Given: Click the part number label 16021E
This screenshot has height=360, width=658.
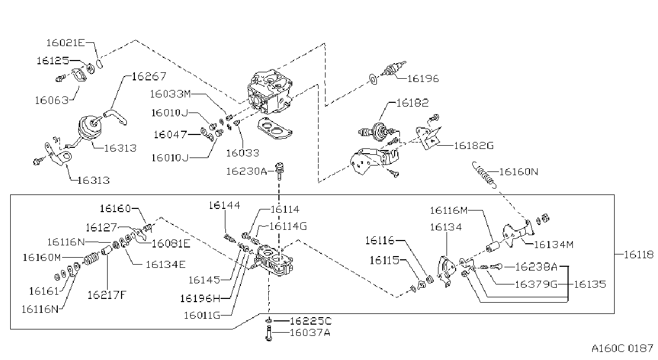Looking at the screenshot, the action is pyautogui.click(x=65, y=43).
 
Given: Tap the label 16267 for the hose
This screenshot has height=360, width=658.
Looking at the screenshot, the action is pyautogui.click(x=149, y=77).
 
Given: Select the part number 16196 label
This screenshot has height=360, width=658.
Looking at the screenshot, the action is pyautogui.click(x=423, y=79).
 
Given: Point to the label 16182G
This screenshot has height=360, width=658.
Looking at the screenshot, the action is pyautogui.click(x=474, y=146).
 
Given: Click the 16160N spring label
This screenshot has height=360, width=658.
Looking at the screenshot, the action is pyautogui.click(x=519, y=171).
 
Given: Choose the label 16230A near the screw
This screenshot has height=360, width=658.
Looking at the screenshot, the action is pyautogui.click(x=246, y=171).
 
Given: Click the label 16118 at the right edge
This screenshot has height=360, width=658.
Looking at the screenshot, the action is pyautogui.click(x=639, y=254).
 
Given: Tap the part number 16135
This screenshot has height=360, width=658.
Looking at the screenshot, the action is pyautogui.click(x=589, y=284).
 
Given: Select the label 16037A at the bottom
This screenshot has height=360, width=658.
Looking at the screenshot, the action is pyautogui.click(x=310, y=333).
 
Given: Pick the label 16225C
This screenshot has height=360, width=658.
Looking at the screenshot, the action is pyautogui.click(x=311, y=321).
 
